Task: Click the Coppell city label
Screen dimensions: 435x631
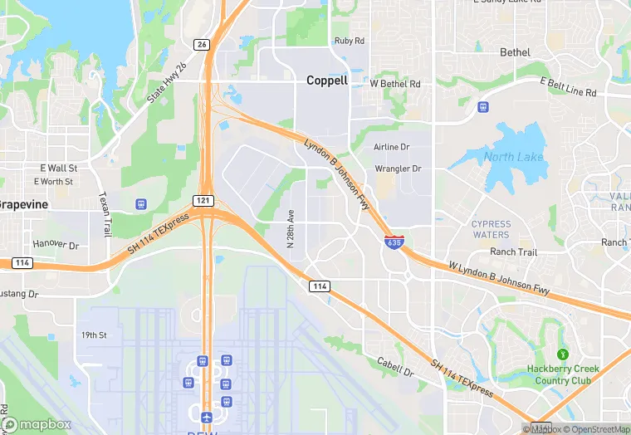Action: click(x=327, y=81)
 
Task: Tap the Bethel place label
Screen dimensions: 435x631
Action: click(x=515, y=52)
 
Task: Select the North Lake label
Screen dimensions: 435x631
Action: click(x=513, y=157)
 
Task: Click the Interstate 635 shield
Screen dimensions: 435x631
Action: click(x=394, y=242)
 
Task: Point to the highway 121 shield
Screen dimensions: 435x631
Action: click(x=203, y=201)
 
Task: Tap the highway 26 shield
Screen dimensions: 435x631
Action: click(x=202, y=43)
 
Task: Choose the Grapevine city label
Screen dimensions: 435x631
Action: click(x=23, y=204)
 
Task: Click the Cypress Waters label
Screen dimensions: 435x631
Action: click(x=491, y=229)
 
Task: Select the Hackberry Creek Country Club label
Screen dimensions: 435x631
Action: click(x=563, y=374)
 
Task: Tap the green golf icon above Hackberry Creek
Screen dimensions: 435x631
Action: click(x=562, y=354)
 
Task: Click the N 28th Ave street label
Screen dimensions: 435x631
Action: click(x=291, y=227)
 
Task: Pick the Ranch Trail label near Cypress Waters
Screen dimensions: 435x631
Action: click(x=513, y=252)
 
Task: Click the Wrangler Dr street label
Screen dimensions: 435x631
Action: click(x=399, y=169)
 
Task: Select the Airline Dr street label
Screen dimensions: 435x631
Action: click(x=392, y=147)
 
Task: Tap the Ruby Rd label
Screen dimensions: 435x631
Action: click(x=349, y=41)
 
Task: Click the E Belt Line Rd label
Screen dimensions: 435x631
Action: click(x=568, y=87)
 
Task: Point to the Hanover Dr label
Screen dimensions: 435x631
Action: click(x=56, y=245)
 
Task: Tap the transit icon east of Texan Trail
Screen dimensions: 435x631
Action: click(x=140, y=203)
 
